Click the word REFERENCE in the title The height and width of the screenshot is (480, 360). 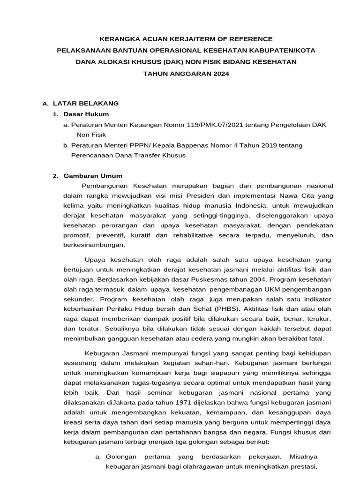tap(249, 39)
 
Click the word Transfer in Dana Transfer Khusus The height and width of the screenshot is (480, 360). tap(149, 155)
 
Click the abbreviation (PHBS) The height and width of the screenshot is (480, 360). tap(202, 309)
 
